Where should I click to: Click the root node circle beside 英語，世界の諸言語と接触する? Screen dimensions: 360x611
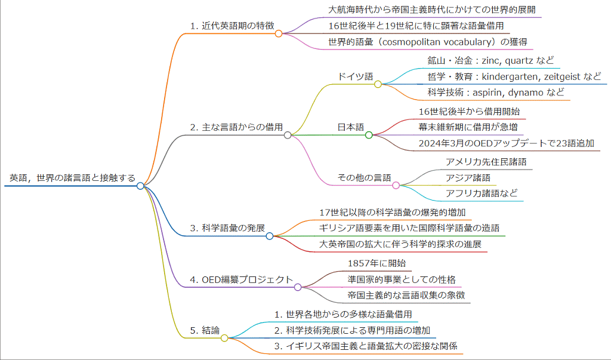point(140,186)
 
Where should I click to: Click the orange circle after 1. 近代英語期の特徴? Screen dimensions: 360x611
point(279,33)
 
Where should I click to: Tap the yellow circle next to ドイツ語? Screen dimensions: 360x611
point(378,84)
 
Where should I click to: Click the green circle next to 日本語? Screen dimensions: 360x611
point(369,135)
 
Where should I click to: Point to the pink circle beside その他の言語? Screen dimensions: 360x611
point(396,186)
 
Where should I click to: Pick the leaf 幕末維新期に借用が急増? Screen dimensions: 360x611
point(468,127)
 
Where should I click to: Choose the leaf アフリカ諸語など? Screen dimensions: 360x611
point(482,193)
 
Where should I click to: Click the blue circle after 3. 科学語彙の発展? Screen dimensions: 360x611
point(270,236)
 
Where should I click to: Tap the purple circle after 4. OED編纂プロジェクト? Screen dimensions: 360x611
point(298,287)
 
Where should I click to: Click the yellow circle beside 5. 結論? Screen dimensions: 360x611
point(224,338)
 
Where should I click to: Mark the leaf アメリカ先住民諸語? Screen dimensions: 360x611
point(486,161)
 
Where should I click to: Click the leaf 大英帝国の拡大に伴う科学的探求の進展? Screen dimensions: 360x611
point(400,245)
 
